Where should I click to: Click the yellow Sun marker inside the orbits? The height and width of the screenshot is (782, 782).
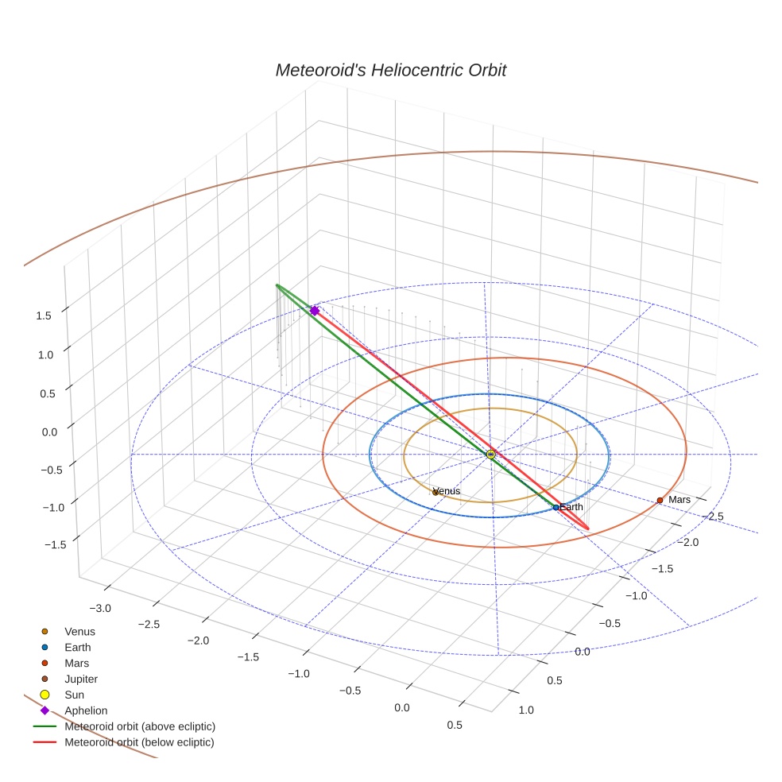490,454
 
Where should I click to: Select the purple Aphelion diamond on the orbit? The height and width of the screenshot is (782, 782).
315,311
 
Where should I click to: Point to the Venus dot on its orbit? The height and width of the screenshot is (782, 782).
436,493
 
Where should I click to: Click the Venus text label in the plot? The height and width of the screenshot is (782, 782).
448,491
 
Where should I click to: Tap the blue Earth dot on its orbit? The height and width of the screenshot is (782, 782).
556,507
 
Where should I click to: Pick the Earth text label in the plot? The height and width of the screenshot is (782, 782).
571,506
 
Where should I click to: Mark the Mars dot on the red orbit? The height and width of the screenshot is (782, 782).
660,500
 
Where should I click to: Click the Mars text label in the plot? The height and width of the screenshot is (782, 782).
679,500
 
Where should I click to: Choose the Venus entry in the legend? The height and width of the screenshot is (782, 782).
79,632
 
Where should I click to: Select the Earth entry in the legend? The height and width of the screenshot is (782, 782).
78,648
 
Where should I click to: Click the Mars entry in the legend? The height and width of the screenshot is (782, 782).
76,663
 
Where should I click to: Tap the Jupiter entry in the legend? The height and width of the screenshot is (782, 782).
81,679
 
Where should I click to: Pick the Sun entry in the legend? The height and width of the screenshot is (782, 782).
74,695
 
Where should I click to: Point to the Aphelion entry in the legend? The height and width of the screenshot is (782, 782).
86,710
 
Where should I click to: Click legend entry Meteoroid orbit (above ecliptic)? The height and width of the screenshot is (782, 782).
140,726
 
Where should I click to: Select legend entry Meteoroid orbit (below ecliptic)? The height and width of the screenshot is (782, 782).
140,742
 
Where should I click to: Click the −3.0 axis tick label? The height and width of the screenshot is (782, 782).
100,609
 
